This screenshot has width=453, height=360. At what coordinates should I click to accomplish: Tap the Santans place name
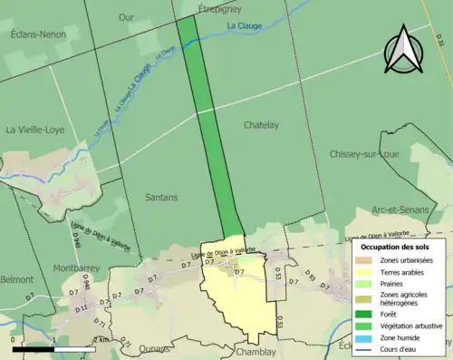tap(161, 196)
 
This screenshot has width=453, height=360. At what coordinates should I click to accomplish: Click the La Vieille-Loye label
tap(36, 130)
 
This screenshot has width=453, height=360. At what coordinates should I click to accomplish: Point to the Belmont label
tap(16, 280)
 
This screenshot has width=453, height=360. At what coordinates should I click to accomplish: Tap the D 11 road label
tap(80, 308)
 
